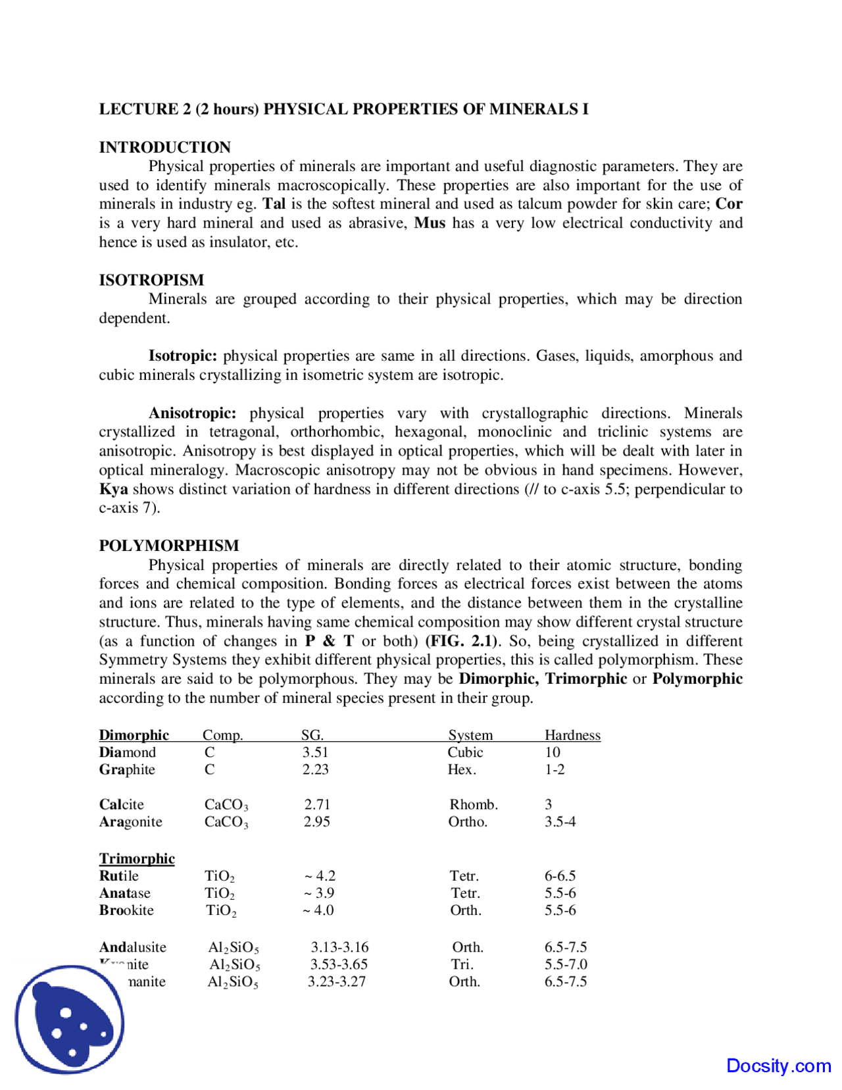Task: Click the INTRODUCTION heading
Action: [x=164, y=147]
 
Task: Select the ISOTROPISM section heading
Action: [x=151, y=280]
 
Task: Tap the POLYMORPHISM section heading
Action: [x=169, y=546]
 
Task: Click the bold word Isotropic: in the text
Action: [x=182, y=356]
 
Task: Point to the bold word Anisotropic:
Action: [x=192, y=413]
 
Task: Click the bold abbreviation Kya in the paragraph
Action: [x=113, y=489]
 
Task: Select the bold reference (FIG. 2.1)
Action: [x=463, y=641]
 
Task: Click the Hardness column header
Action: [x=572, y=735]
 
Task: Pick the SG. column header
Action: [x=312, y=735]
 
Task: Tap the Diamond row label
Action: [x=128, y=752]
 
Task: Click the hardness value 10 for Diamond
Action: [x=553, y=752]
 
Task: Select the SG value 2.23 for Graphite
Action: [x=315, y=769]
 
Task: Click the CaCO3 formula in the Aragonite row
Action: [x=226, y=822]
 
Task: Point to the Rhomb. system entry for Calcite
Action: [x=474, y=804]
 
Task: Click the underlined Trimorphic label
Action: [x=137, y=858]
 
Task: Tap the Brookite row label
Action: [x=126, y=910]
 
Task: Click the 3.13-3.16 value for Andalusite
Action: [x=339, y=947]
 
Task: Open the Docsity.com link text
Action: [x=778, y=1066]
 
